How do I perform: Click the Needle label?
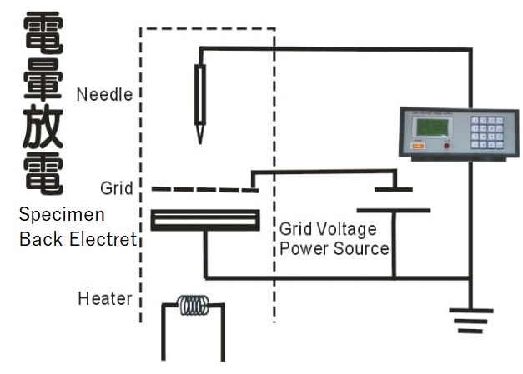(104, 94)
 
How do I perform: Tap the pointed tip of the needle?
(199, 139)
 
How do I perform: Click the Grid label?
(116, 188)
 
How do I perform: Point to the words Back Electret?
(78, 240)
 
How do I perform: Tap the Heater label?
(104, 297)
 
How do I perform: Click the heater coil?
(194, 306)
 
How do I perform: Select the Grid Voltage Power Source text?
(334, 238)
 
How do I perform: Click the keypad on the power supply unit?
(487, 132)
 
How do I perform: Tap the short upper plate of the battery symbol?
(394, 190)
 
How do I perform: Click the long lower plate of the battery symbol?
(394, 210)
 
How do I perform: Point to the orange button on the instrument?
(417, 147)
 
